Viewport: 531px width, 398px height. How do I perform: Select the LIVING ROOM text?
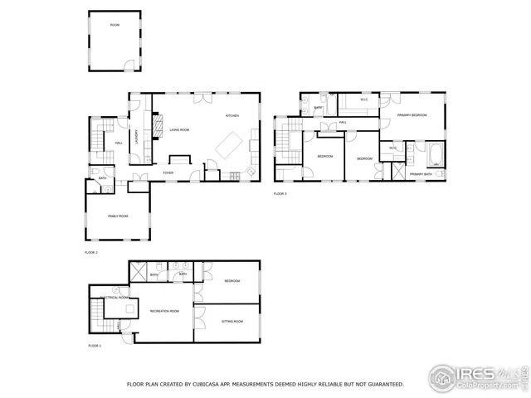[x=180, y=130]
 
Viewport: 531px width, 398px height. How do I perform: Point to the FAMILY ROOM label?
[x=118, y=216]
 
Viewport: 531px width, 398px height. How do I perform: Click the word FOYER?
[x=168, y=172]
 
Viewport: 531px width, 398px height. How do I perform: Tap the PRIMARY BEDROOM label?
[x=412, y=115]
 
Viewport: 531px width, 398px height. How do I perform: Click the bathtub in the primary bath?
[x=436, y=154]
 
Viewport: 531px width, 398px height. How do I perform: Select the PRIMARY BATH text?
[x=421, y=174]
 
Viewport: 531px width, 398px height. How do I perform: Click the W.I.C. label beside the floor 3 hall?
[x=364, y=100]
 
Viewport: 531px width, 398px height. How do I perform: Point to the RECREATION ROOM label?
[x=164, y=311]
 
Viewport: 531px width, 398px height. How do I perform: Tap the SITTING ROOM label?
[x=232, y=321]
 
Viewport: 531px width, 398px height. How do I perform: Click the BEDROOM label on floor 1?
[x=232, y=281]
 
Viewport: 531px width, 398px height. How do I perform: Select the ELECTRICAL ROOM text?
[x=114, y=297]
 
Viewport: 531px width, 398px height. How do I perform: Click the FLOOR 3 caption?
[x=280, y=193]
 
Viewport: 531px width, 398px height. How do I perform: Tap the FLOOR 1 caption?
[x=94, y=345]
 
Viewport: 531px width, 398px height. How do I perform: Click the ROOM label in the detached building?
[x=114, y=26]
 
